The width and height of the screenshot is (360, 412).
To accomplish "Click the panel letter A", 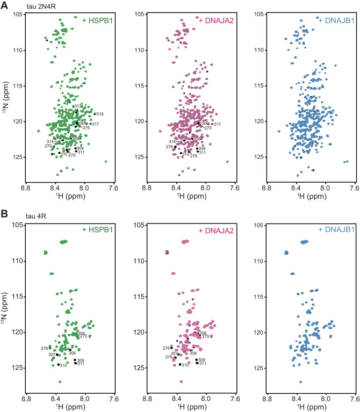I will point(4,5).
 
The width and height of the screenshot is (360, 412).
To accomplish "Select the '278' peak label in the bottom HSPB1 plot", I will point(45,349).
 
